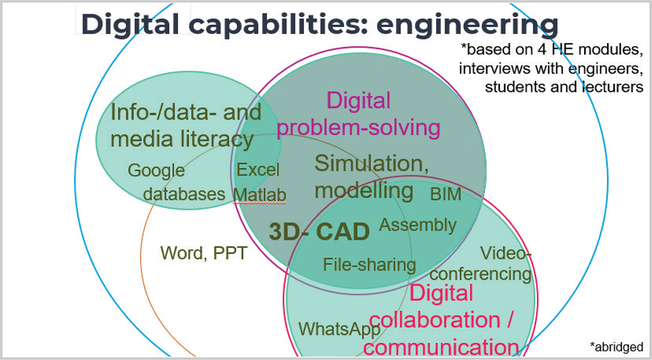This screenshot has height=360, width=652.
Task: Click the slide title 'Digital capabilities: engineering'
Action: pos(319,24)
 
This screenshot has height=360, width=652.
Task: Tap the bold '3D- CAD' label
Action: pos(319,232)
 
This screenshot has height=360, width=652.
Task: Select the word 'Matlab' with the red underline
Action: pos(260,195)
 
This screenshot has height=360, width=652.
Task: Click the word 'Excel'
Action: pos(258,170)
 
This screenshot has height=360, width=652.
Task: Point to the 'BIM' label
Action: pos(445,195)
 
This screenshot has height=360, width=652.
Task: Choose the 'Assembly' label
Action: pos(417,225)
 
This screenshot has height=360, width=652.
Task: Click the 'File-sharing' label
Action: pos(369,265)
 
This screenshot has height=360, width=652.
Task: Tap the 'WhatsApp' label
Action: pos(339,329)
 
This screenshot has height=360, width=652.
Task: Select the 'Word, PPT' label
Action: pos(204,253)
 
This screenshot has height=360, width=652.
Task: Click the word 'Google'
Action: pos(156,170)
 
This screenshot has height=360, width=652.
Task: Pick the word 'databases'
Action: pos(184,194)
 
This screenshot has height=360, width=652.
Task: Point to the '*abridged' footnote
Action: pos(616,346)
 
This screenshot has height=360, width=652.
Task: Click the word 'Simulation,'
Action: pos(371,164)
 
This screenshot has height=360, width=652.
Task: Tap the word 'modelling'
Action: pos(364,191)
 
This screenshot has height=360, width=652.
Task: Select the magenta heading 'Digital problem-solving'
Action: pos(359,115)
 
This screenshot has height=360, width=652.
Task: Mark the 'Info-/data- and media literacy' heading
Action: pos(186,126)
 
